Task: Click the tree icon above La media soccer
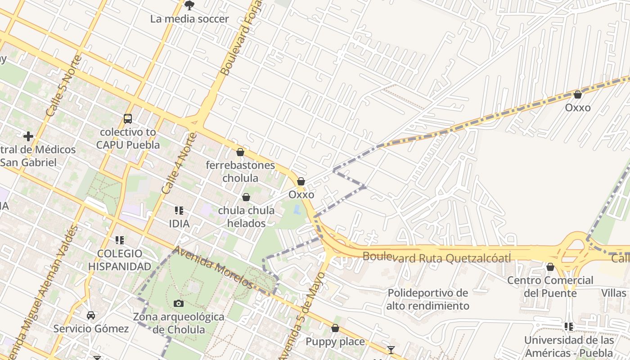click(x=189, y=5)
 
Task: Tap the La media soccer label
click(x=189, y=19)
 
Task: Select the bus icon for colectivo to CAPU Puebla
click(x=128, y=119)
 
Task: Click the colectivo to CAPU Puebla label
click(x=128, y=139)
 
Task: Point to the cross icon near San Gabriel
click(x=28, y=136)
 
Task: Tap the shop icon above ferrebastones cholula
click(x=240, y=152)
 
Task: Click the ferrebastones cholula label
click(x=240, y=171)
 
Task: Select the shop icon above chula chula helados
click(x=246, y=197)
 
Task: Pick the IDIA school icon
click(x=179, y=210)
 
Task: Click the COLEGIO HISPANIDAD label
click(x=119, y=260)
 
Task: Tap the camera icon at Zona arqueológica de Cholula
click(x=179, y=303)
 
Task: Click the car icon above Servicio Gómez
click(x=91, y=315)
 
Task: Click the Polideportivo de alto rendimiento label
click(x=427, y=299)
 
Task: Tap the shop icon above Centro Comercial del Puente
click(x=550, y=267)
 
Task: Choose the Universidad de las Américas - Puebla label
click(x=569, y=346)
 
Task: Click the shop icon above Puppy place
click(x=335, y=328)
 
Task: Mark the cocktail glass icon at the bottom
click(x=391, y=350)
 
